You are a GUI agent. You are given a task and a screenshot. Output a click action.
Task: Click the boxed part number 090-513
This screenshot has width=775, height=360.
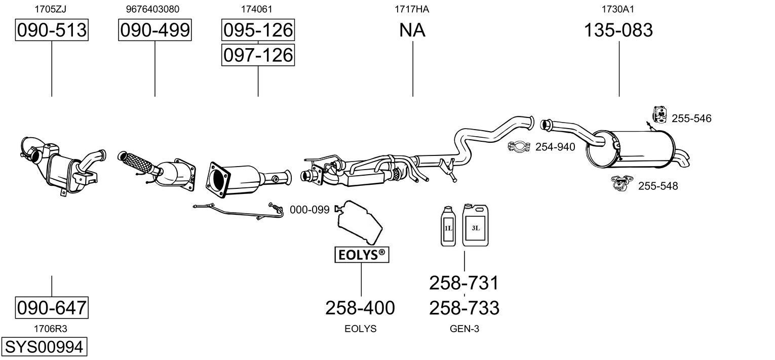point(52,30)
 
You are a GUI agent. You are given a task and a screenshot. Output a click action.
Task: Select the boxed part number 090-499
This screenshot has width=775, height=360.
point(155,30)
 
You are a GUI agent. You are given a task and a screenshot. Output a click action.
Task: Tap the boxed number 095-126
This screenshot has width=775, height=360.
point(258,30)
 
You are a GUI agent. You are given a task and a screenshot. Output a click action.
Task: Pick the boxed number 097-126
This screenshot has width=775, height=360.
point(258,55)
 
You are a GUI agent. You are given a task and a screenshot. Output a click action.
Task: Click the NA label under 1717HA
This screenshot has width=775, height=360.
point(412,30)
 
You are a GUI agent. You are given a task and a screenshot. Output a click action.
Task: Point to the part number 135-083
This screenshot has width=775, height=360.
point(618,30)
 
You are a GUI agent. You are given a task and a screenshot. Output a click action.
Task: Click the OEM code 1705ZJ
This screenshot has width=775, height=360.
point(50,9)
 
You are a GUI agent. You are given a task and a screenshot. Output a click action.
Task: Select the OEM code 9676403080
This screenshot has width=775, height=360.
point(152,9)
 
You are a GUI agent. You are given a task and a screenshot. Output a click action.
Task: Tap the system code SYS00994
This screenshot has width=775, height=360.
point(44,347)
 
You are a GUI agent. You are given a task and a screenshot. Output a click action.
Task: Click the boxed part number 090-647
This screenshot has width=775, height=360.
point(52,308)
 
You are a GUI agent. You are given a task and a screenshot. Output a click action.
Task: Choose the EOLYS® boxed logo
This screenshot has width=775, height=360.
point(362,255)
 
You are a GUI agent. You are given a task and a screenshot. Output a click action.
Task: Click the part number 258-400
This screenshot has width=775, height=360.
point(360,308)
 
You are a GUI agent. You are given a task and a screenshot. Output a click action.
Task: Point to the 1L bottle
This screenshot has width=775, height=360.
point(448,226)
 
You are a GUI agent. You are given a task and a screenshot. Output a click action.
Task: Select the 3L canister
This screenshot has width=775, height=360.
point(475,225)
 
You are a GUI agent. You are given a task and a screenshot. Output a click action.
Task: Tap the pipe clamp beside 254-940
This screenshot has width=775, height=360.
point(519,147)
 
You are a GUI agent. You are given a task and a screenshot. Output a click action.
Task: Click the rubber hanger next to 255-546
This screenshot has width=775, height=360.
point(660,115)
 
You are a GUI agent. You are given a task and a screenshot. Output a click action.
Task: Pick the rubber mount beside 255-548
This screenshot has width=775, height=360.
point(623,183)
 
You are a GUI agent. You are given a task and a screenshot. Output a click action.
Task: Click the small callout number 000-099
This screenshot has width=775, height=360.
point(309,210)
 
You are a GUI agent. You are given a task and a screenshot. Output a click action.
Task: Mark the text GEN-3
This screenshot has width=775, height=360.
point(464,329)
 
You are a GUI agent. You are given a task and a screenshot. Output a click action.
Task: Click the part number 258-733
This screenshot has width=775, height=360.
point(464,308)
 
